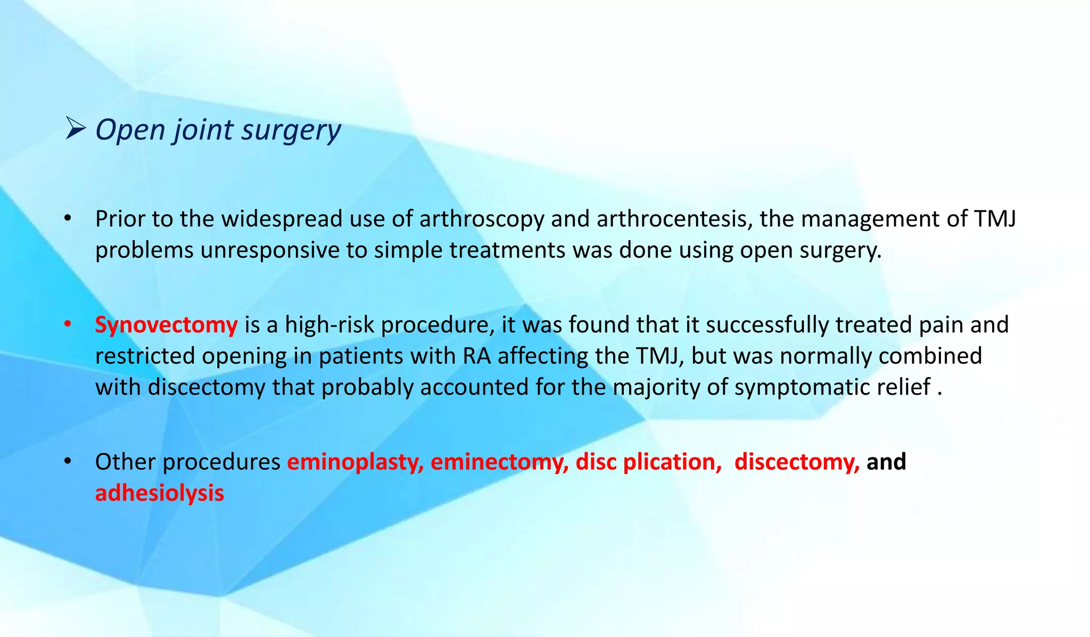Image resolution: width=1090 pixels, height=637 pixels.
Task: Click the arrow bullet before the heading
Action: coord(75,129)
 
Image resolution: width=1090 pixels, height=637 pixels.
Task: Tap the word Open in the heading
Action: coord(130,130)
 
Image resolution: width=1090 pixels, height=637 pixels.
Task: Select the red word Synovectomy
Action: coord(166,325)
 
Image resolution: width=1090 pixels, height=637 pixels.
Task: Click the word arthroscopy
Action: coord(481,219)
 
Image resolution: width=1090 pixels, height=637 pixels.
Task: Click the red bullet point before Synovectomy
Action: coord(67,325)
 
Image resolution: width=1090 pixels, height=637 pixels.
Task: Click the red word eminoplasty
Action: coord(355,462)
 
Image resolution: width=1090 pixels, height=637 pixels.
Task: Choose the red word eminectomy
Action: coord(499,462)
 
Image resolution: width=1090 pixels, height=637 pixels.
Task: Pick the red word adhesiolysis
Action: coord(160,493)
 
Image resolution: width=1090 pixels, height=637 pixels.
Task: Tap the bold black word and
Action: coord(886,462)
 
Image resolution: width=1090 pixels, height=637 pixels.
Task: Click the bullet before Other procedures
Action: coord(67,462)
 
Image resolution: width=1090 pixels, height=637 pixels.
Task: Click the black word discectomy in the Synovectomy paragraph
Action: coord(207,387)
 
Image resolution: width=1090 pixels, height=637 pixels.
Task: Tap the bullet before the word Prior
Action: coord(67,219)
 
